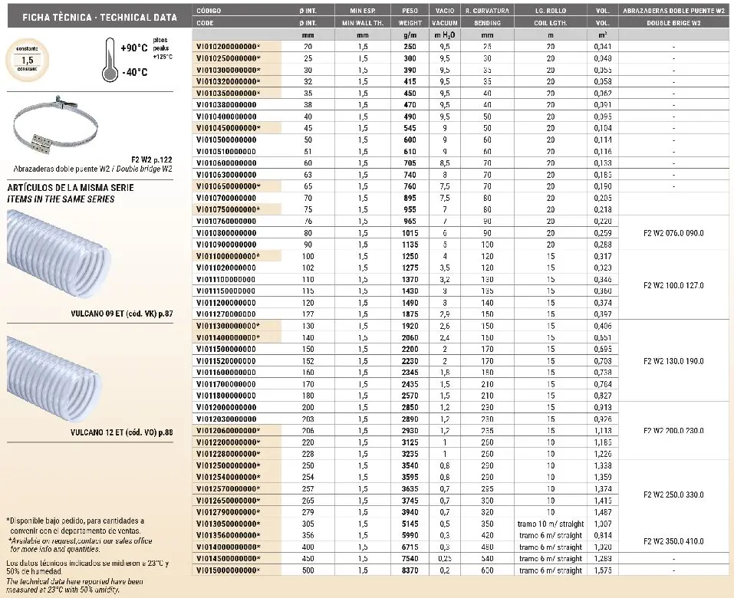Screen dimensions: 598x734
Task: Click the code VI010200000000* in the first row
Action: pos(228,47)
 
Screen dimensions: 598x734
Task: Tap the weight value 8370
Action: pos(410,570)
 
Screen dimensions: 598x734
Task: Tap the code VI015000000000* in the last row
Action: pos(228,570)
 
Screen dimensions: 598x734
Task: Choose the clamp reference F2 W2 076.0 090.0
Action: pos(676,232)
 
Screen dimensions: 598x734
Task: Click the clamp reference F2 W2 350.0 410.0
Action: pos(676,540)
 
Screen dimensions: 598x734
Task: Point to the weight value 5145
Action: pos(410,524)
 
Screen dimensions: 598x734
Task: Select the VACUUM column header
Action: pos(445,24)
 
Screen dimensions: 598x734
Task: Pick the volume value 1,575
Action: pos(604,570)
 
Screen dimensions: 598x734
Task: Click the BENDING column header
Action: pos(487,24)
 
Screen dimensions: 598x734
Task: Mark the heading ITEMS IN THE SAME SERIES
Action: pos(60,199)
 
